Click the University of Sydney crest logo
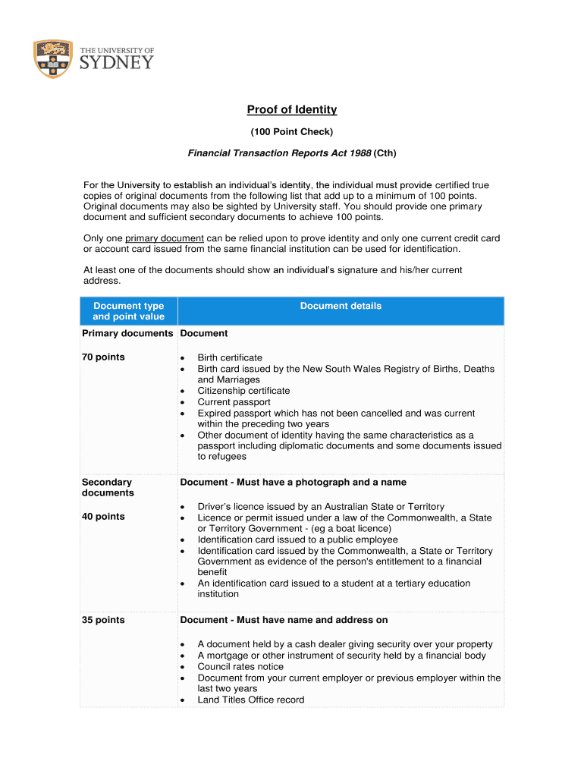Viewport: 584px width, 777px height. pyautogui.click(x=53, y=58)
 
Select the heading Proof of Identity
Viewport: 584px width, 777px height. pyautogui.click(x=292, y=110)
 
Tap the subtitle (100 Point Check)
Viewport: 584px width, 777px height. pyautogui.click(x=292, y=132)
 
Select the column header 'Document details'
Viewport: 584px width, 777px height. pyautogui.click(x=341, y=307)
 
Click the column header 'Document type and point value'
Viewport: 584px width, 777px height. pyautogui.click(x=128, y=311)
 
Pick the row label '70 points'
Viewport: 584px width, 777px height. pyautogui.click(x=103, y=357)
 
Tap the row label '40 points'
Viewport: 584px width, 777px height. pyautogui.click(x=103, y=517)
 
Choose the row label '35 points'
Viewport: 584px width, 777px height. pyautogui.click(x=103, y=620)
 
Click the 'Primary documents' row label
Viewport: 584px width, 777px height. pyautogui.click(x=127, y=333)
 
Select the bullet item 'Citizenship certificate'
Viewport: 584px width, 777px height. pyautogui.click(x=243, y=391)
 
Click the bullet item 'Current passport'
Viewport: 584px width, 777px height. pyautogui.click(x=234, y=402)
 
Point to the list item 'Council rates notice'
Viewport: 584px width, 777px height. pyautogui.click(x=240, y=666)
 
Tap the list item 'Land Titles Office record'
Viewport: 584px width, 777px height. pyautogui.click(x=250, y=700)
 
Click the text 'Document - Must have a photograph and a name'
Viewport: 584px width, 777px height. pyautogui.click(x=293, y=483)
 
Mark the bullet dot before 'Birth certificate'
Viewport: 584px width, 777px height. pyautogui.click(x=183, y=358)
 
